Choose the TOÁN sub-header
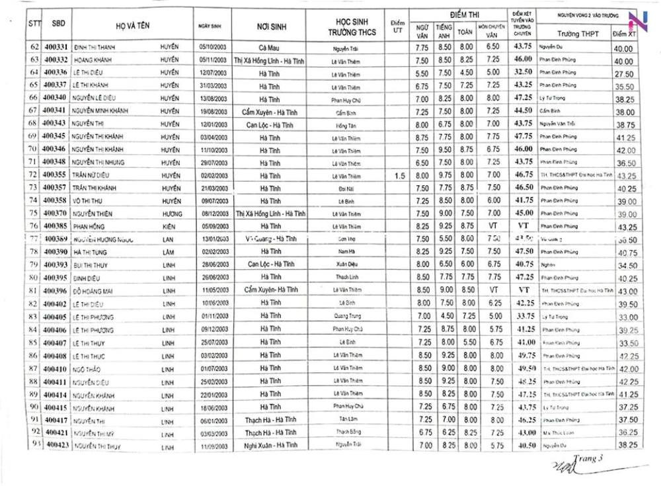pos(465,31)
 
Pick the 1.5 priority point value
pos(399,175)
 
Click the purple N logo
pos(638,21)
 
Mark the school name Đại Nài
pos(342,188)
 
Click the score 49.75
pos(524,356)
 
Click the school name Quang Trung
pos(342,317)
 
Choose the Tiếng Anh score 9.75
pos(444,175)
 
